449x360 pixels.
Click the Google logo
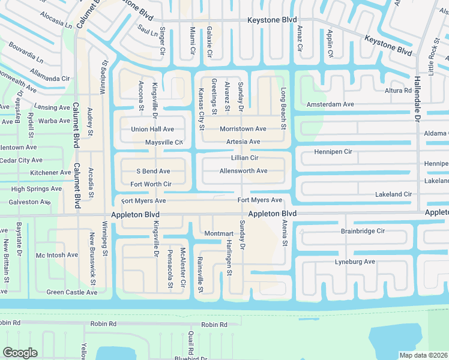(20, 353)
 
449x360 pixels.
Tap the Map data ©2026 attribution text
(424, 355)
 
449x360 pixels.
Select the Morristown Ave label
(243, 129)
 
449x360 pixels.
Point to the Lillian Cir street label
(244, 158)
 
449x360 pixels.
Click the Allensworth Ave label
(243, 171)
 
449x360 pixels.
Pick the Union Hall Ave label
(152, 129)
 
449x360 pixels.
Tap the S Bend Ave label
(153, 172)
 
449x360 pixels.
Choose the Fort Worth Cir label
(151, 184)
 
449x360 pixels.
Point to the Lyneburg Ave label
(355, 262)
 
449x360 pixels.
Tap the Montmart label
(218, 233)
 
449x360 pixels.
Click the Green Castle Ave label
(71, 293)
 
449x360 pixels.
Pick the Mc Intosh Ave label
(57, 255)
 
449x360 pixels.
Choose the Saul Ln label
(147, 29)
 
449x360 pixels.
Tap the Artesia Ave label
(243, 142)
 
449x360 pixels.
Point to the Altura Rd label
(399, 91)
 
